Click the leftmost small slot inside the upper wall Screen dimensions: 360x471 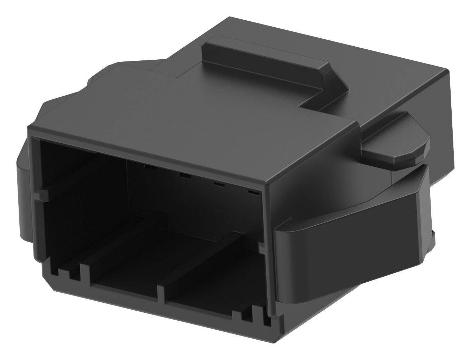tap(150, 167)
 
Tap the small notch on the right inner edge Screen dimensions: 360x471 tap(262, 247)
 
